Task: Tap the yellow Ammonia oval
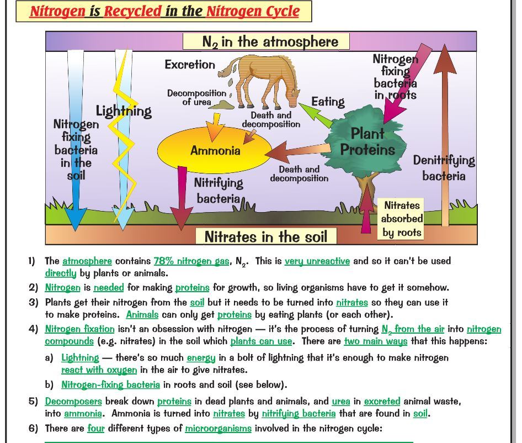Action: pyautogui.click(x=215, y=150)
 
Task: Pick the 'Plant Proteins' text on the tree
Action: pyautogui.click(x=367, y=141)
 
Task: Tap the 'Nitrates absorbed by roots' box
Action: pyautogui.click(x=402, y=219)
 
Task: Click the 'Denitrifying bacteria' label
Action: pyautogui.click(x=444, y=168)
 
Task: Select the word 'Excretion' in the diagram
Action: pyautogui.click(x=190, y=65)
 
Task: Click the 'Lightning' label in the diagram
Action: pyautogui.click(x=124, y=110)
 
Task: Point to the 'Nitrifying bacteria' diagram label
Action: pyautogui.click(x=219, y=189)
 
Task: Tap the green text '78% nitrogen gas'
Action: pyautogui.click(x=191, y=261)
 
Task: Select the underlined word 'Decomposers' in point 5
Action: pyautogui.click(x=73, y=402)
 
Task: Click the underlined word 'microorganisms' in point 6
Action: pyautogui.click(x=218, y=428)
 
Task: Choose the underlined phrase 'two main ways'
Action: pyautogui.click(x=375, y=341)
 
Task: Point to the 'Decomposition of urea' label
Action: pyautogui.click(x=196, y=97)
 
